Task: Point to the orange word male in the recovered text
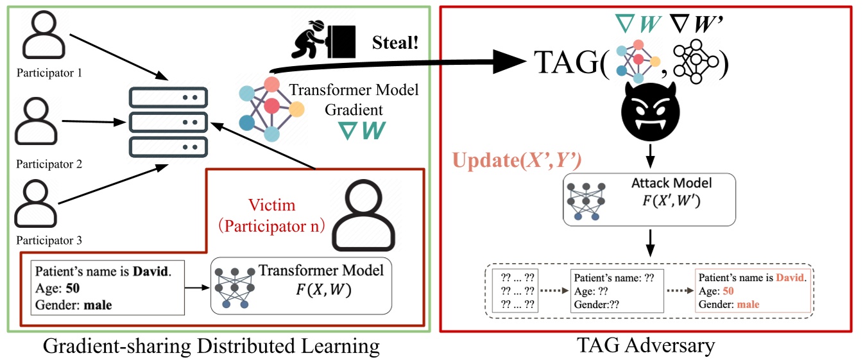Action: point(749,303)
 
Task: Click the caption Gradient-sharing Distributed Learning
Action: point(211,347)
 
